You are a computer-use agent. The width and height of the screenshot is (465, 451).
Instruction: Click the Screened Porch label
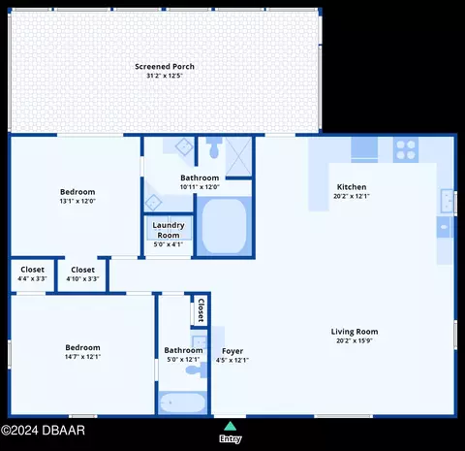pyautogui.click(x=165, y=67)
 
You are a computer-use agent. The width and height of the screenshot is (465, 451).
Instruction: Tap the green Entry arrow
pyautogui.click(x=230, y=426)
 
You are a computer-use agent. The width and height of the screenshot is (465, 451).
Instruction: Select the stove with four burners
pyautogui.click(x=406, y=149)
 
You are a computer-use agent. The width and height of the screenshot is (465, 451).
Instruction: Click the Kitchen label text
pyautogui.click(x=352, y=187)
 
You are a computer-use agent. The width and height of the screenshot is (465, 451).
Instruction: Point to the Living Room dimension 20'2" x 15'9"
pyautogui.click(x=355, y=340)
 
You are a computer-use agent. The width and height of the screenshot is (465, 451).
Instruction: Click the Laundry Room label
pyautogui.click(x=169, y=230)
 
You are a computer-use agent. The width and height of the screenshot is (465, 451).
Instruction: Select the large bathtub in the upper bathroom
pyautogui.click(x=224, y=226)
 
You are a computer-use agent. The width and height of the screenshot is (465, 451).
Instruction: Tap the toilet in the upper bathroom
pyautogui.click(x=214, y=147)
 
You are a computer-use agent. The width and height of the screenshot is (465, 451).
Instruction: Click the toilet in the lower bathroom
pyautogui.click(x=197, y=370)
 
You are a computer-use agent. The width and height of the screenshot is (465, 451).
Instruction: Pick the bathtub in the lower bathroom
pyautogui.click(x=182, y=403)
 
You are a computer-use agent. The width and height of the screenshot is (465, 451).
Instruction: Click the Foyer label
pyautogui.click(x=232, y=351)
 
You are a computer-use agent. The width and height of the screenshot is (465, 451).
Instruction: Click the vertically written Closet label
pyautogui.click(x=201, y=310)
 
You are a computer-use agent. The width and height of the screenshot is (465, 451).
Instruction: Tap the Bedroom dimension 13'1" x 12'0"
pyautogui.click(x=77, y=201)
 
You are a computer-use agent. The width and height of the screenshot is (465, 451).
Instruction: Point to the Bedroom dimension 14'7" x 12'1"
pyautogui.click(x=82, y=357)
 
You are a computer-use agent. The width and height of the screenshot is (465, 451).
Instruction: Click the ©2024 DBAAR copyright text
pyautogui.click(x=43, y=431)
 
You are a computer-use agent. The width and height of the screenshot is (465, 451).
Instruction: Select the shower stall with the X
pyautogui.click(x=238, y=156)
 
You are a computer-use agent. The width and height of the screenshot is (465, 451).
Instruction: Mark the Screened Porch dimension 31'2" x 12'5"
pyautogui.click(x=165, y=76)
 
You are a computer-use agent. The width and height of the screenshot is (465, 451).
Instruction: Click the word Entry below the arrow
pyautogui.click(x=231, y=439)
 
